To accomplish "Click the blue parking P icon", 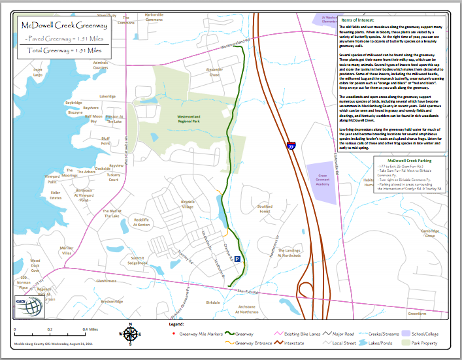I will (x=237, y=259).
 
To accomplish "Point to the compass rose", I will (x=129, y=334).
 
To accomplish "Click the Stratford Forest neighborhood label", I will (x=264, y=209).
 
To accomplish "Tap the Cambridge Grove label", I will (x=429, y=233).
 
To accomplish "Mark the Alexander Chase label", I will (x=214, y=72).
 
